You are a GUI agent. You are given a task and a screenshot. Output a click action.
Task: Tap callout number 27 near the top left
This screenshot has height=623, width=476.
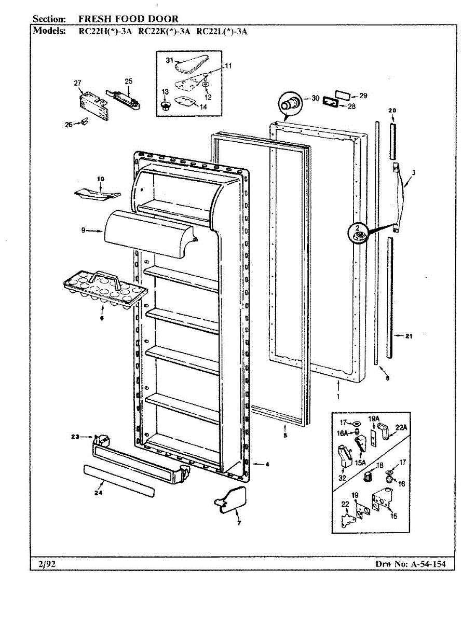point(78,83)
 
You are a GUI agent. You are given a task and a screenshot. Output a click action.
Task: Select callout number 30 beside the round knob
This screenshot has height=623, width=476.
point(316,98)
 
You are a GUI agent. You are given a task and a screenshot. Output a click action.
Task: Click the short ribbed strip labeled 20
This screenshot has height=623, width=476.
point(392,141)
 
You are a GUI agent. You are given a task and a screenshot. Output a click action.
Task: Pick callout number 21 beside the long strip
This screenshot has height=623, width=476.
point(409,336)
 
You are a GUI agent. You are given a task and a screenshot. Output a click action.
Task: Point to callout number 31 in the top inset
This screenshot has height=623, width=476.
point(169,61)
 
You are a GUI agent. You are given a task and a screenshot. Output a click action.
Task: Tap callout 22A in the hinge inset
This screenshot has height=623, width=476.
point(401,427)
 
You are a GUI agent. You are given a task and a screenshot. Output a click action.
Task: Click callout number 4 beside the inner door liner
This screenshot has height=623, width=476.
point(267,464)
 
